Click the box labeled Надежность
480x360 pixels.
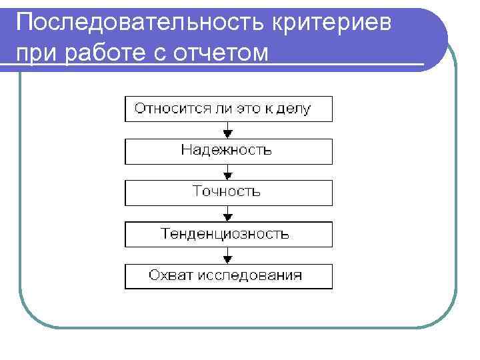point(228,151)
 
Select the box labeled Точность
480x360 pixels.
point(228,193)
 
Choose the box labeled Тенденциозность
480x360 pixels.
point(228,235)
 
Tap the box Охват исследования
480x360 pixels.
point(228,276)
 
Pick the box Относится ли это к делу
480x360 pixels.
point(228,109)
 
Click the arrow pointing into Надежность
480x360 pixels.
point(228,130)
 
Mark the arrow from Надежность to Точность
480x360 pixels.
point(228,172)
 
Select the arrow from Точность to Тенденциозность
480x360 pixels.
point(228,213)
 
